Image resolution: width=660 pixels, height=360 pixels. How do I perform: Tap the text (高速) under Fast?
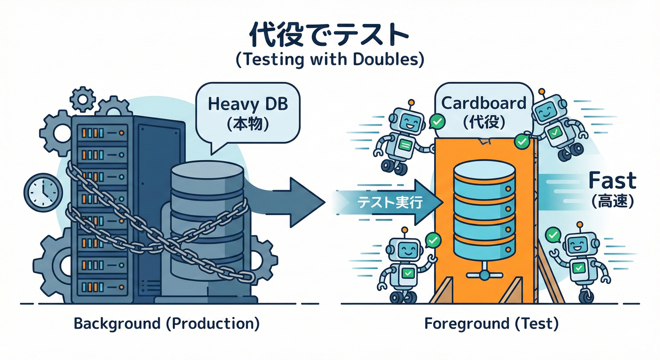tap(612, 202)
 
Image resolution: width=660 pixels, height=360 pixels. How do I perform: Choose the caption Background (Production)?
tap(166, 324)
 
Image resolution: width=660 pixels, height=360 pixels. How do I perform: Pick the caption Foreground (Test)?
tap(491, 324)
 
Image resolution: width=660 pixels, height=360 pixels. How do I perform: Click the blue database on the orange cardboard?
tap(484, 206)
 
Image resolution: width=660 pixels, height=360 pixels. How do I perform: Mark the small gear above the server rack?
tap(82, 99)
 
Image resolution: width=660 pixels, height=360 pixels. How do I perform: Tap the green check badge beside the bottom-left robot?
tap(433, 240)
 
